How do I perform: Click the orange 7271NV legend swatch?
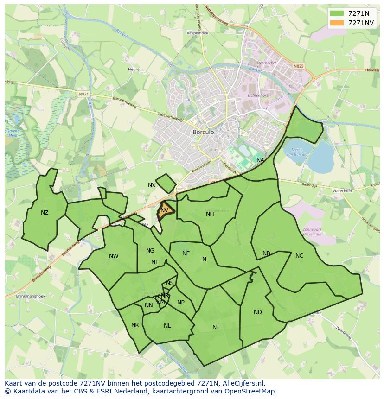tap(337, 23)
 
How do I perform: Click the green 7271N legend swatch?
tap(337, 13)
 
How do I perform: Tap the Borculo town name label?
tap(203, 132)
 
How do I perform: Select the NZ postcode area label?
tap(45, 213)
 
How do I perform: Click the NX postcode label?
tap(152, 185)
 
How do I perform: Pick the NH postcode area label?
tap(210, 214)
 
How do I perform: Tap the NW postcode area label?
tap(114, 256)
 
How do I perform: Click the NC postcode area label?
tap(299, 256)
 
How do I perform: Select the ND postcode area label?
tap(258, 312)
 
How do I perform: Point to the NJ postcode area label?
tap(216, 327)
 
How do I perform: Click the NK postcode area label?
tap(135, 325)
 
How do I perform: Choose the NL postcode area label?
tap(167, 326)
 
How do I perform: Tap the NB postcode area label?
tap(266, 253)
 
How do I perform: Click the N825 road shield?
tap(298, 66)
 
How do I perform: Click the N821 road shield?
tap(83, 94)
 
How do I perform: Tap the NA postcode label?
tap(260, 160)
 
